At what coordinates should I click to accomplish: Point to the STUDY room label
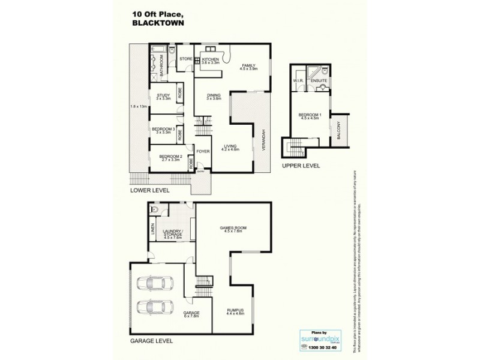(163, 95)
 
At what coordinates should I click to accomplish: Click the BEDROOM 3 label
(163, 129)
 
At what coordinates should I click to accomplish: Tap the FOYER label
(203, 151)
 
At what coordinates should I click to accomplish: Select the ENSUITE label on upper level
(319, 80)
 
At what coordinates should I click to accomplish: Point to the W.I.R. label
(298, 80)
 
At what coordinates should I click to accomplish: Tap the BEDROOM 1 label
(310, 116)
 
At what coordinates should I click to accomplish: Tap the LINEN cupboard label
(152, 230)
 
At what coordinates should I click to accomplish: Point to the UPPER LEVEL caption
(304, 166)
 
